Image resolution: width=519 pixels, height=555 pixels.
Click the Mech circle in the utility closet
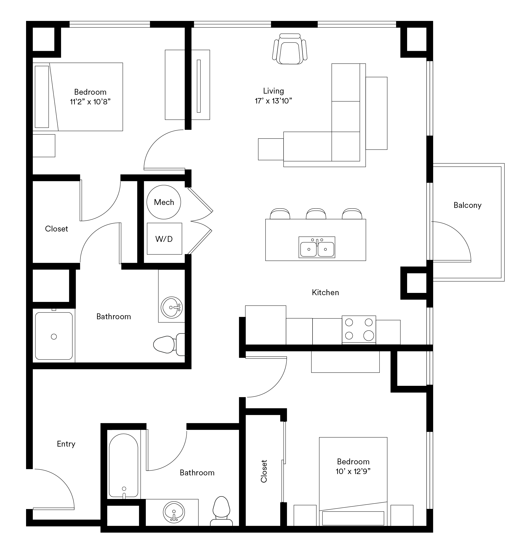(164, 202)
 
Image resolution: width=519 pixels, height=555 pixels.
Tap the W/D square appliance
(164, 238)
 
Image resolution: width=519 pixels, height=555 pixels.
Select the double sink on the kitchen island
(317, 247)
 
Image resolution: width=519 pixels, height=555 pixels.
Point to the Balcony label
(467, 205)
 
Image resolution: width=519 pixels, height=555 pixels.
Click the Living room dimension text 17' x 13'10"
(273, 101)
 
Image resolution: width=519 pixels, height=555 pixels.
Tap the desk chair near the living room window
(290, 49)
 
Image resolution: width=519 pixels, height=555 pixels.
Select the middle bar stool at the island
(316, 213)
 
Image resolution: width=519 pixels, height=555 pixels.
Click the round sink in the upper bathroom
(171, 307)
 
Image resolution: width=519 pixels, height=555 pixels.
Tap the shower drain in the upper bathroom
(54, 337)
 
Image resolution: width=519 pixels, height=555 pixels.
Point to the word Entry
(66, 444)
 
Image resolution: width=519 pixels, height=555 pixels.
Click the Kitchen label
(325, 292)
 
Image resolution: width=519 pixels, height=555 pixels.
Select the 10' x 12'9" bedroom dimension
(353, 471)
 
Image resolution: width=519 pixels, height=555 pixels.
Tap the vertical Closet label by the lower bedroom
(264, 471)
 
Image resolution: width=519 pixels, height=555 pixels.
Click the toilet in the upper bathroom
(169, 344)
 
